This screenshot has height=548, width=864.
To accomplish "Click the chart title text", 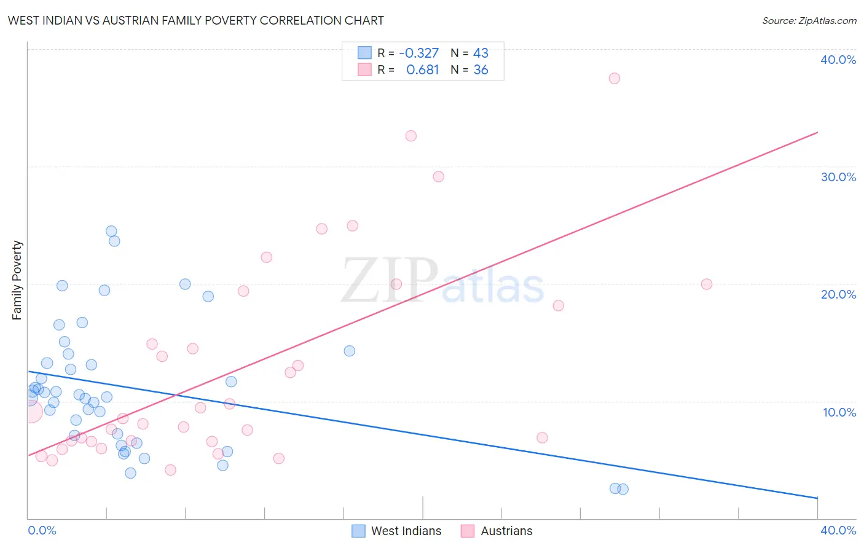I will pos(195,20).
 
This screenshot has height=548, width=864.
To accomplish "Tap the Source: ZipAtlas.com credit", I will pos(809,20).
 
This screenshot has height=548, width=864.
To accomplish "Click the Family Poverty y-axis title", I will pos(17,280).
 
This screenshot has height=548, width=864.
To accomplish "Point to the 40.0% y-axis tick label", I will pos(838,60).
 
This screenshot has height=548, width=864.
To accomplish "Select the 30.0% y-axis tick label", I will pos(838,177).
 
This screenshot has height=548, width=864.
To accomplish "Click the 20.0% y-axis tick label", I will pos(838,294).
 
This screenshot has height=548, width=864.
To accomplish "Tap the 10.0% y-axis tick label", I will pos(839,412).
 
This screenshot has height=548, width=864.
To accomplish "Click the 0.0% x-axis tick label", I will pos(42,530).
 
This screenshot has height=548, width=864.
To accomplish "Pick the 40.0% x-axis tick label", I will pos(838,530).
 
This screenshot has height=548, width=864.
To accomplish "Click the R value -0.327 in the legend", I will pos(418,53).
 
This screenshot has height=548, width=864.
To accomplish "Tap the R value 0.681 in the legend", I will pos(422,70).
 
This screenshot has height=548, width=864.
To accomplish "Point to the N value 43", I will pos(481,53).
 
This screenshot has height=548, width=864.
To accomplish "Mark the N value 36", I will pos(481,70).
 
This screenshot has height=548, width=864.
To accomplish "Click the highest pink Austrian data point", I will pos(614,78).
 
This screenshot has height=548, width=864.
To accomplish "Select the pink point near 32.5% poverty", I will pos(410,136).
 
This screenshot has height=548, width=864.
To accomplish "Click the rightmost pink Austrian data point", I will pos(706,284).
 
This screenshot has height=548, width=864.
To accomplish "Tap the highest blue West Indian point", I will pos(111,231).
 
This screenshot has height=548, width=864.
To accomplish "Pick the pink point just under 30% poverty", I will pos(438,176).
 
